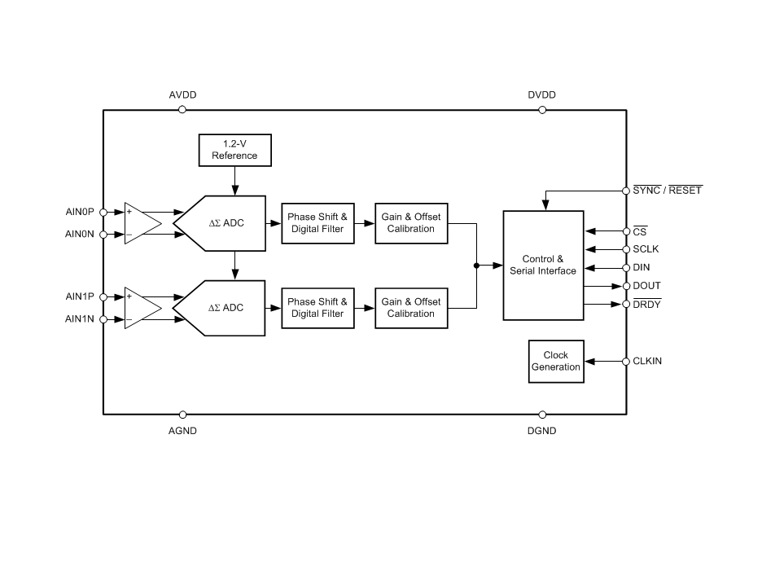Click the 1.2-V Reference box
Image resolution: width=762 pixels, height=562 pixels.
[x=234, y=149]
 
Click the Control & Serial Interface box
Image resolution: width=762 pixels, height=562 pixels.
[x=543, y=265]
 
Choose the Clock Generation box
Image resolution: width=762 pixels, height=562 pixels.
[x=556, y=361]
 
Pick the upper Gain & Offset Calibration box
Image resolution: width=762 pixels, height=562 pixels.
[x=411, y=223]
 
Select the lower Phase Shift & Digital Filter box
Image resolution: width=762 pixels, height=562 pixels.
[x=317, y=308]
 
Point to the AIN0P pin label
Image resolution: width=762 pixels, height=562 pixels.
[x=80, y=212]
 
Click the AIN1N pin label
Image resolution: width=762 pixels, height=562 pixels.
[x=80, y=319]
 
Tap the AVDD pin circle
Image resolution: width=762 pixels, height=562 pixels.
[x=182, y=109]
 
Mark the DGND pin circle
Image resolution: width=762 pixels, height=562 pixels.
[x=542, y=415]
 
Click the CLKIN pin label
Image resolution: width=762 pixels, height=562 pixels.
[x=647, y=361]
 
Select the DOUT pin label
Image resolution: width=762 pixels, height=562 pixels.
[x=646, y=286]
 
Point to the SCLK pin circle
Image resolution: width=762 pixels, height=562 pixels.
[x=625, y=249]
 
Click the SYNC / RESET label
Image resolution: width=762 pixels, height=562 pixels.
[x=667, y=191]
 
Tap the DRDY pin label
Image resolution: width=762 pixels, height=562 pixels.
[x=646, y=304]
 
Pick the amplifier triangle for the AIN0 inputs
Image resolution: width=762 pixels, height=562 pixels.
[x=140, y=223]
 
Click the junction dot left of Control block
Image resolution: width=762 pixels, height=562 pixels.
[x=476, y=265]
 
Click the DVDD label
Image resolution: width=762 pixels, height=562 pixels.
[x=541, y=95]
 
